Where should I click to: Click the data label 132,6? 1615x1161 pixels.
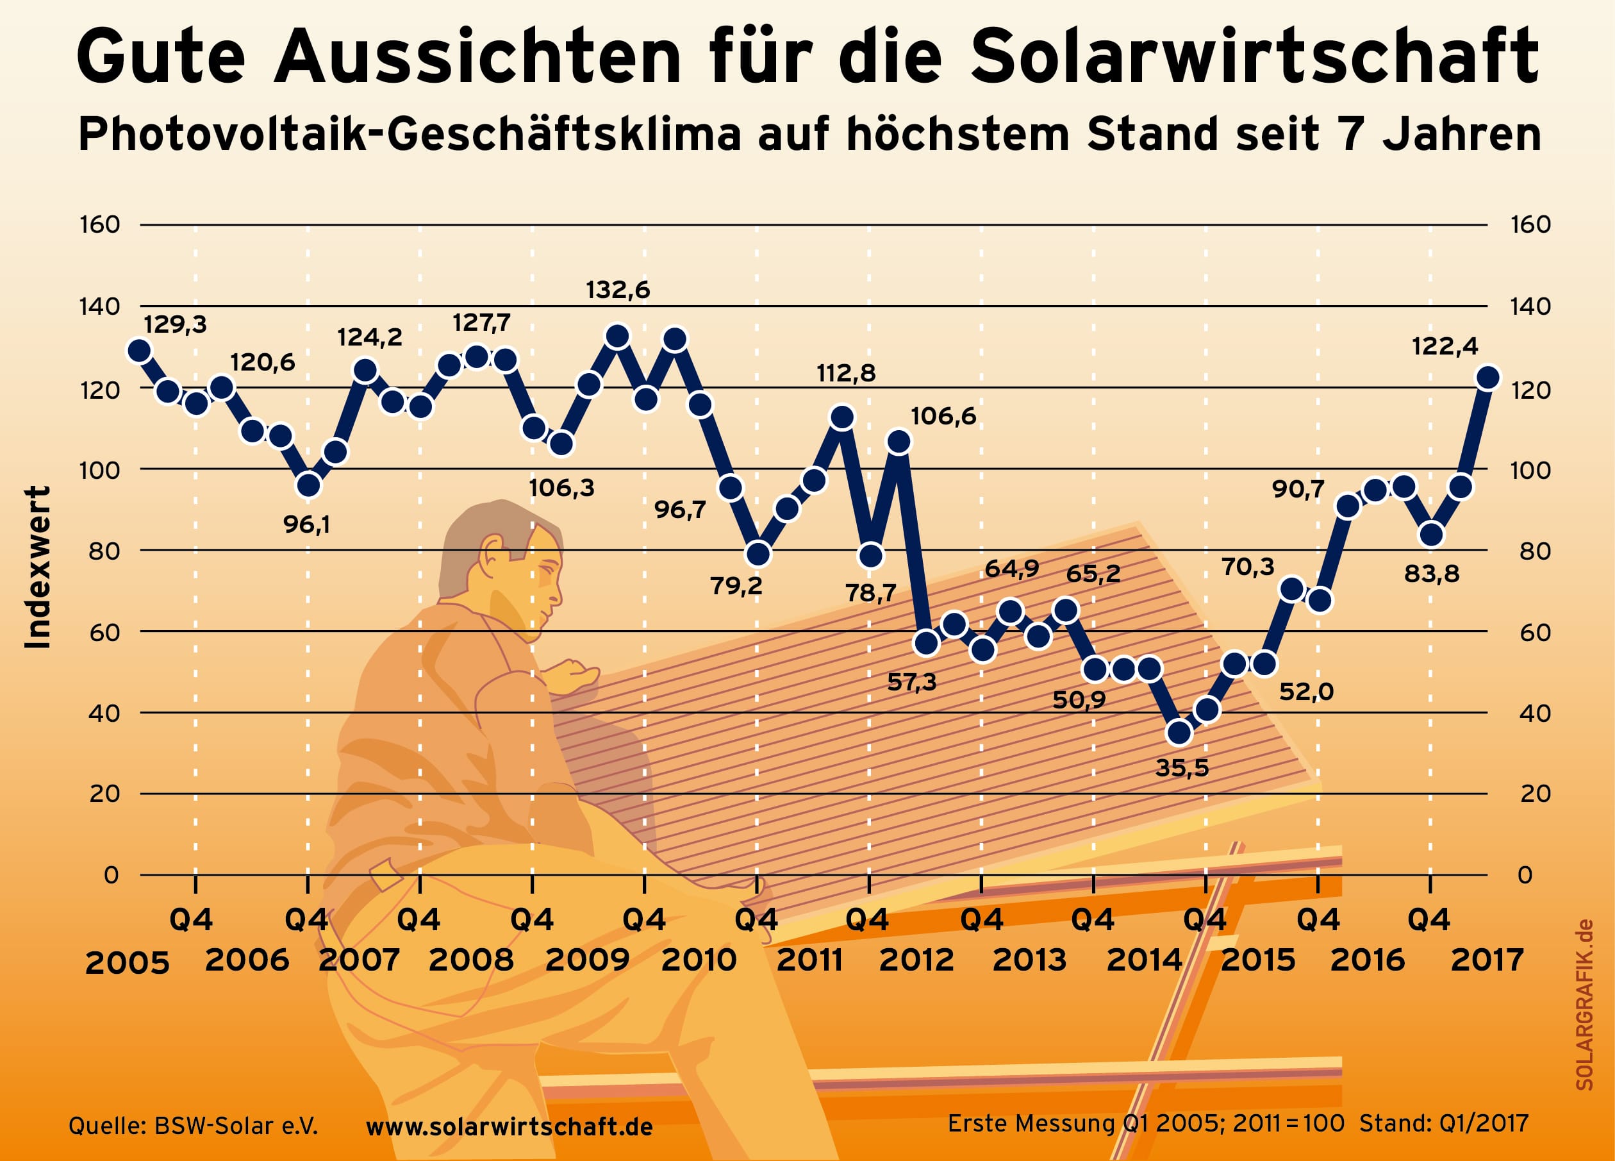(x=617, y=290)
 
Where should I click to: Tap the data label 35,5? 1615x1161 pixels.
(x=1181, y=768)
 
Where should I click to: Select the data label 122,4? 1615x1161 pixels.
(x=1444, y=346)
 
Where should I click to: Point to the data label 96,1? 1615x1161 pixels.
(x=306, y=524)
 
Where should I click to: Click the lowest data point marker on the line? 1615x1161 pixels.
(x=1179, y=732)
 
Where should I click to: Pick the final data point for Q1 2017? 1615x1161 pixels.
(x=1487, y=378)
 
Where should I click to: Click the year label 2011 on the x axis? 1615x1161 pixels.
(x=809, y=960)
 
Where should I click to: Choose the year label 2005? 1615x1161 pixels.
(x=127, y=963)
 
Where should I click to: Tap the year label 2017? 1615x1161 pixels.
(x=1487, y=960)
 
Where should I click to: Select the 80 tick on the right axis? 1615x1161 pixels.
(x=1530, y=551)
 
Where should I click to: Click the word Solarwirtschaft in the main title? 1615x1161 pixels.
(x=1255, y=57)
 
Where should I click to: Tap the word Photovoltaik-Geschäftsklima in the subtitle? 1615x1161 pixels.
(x=410, y=135)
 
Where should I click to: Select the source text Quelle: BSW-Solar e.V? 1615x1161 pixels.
(x=193, y=1126)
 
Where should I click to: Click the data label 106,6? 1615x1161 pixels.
(x=943, y=416)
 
